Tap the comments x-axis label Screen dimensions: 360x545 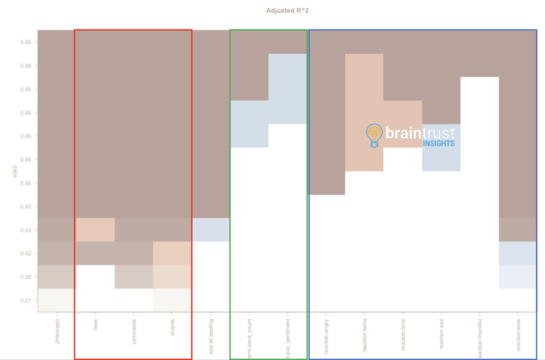coord(134,331)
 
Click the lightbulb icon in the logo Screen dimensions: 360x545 coord(374,135)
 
